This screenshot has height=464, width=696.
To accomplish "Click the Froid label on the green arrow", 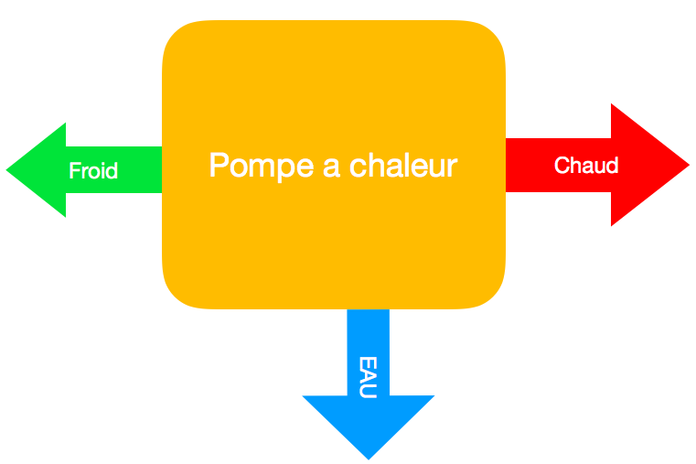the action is [x=93, y=170].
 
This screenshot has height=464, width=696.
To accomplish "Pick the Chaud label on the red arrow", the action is [x=586, y=166].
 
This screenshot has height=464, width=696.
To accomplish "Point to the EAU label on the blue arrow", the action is [x=369, y=376].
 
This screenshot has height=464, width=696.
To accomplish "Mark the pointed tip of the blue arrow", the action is [x=369, y=457].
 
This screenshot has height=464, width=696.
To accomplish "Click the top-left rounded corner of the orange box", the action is [x=177, y=37].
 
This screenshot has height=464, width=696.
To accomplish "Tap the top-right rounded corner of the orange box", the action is [x=489, y=37].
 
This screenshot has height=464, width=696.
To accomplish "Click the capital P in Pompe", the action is [x=218, y=166].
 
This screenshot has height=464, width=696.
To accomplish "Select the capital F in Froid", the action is [x=74, y=170].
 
